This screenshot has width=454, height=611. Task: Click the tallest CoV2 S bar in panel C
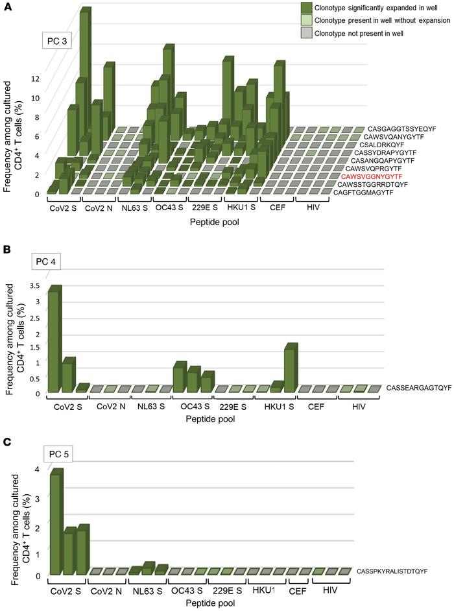[56, 522]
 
